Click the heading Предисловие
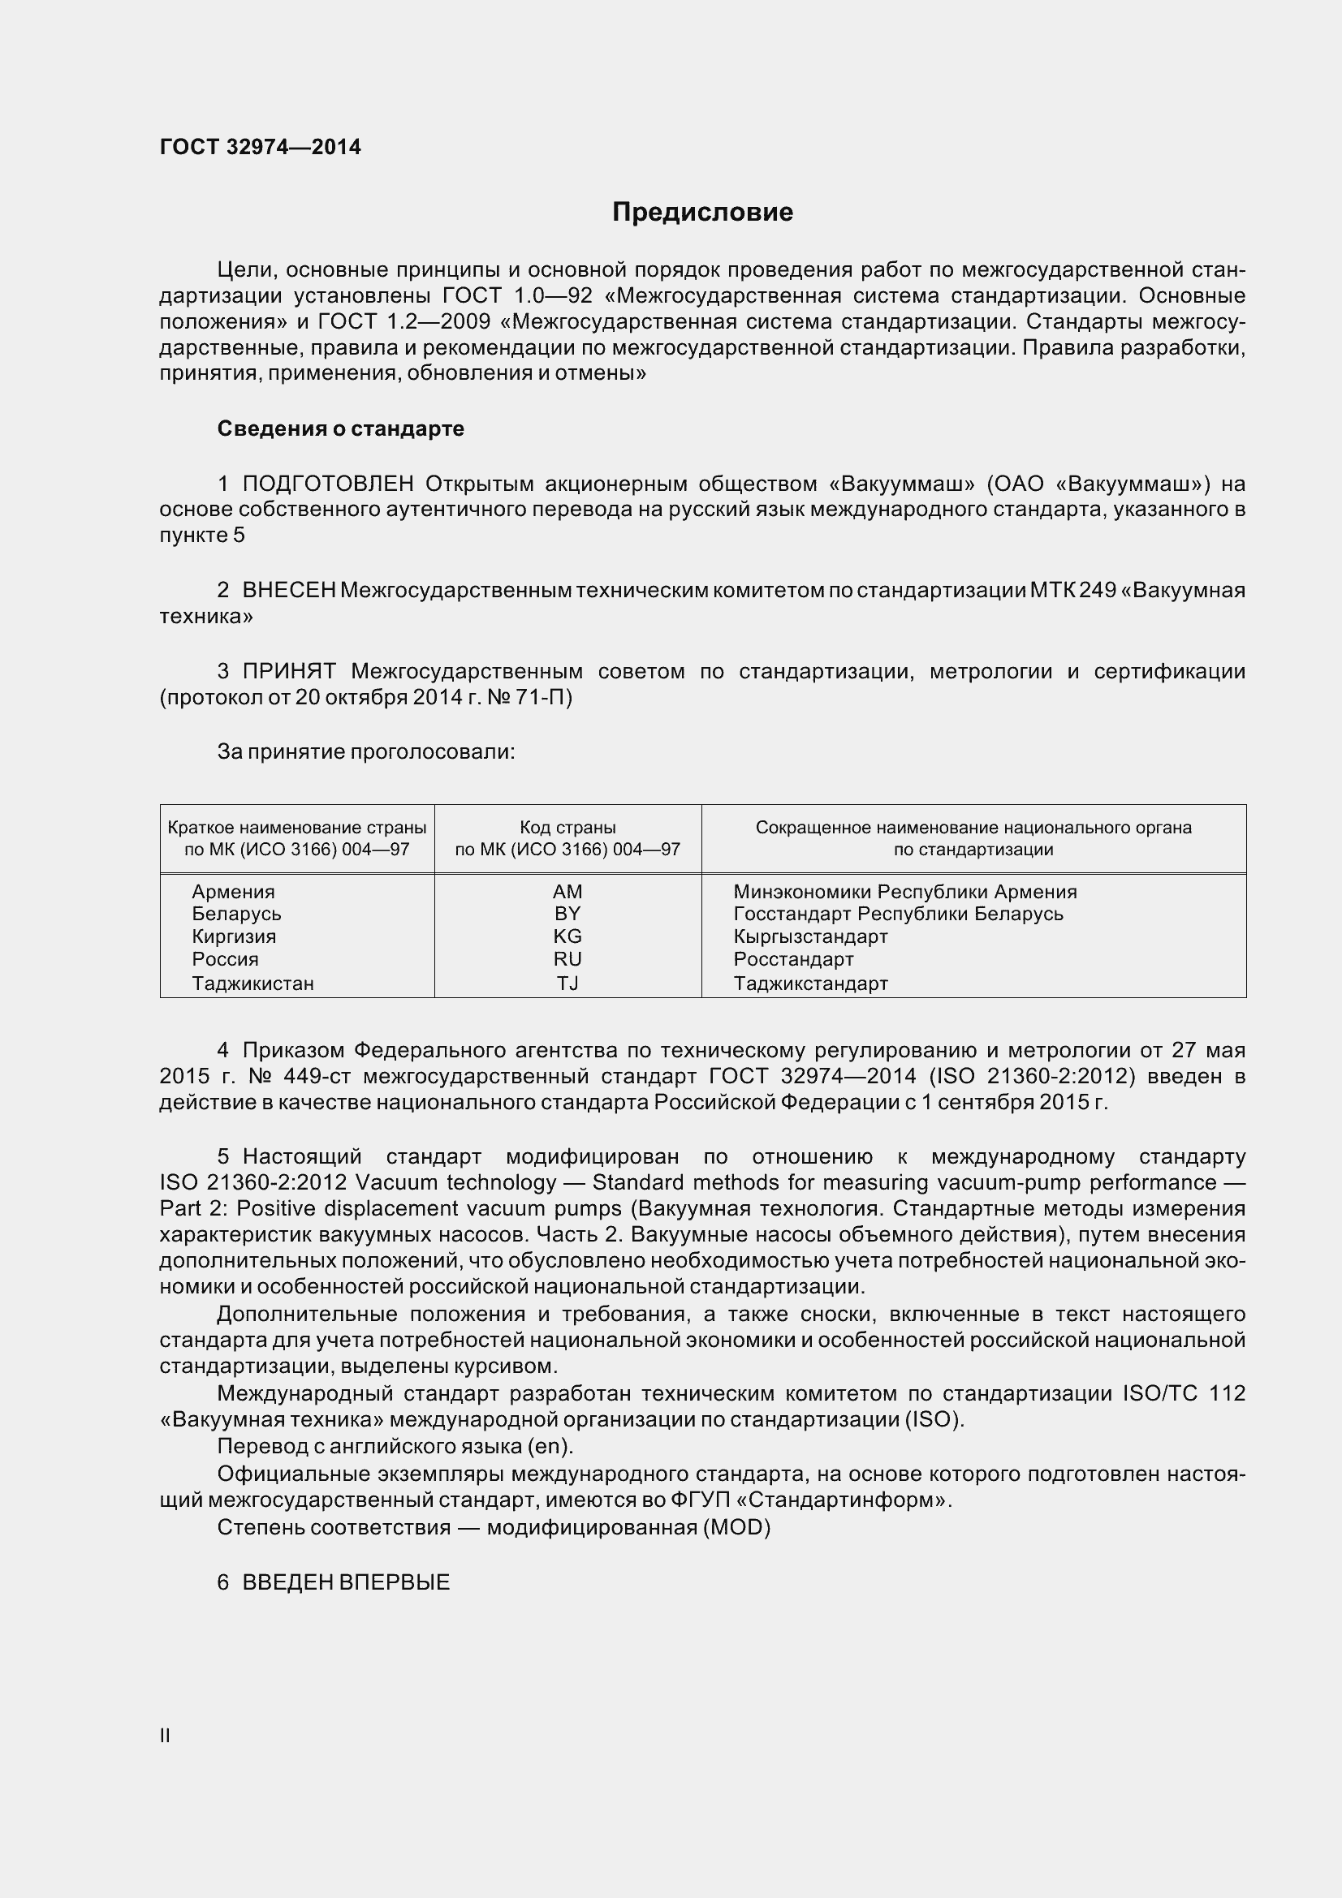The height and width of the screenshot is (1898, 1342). [702, 213]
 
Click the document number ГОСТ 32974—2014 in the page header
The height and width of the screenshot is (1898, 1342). [261, 147]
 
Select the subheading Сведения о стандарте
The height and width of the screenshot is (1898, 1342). [341, 428]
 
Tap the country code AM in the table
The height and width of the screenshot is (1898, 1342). [567, 891]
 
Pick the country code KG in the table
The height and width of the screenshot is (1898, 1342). [567, 936]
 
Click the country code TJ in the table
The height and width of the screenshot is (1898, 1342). [567, 983]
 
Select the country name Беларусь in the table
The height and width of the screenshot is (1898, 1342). [236, 914]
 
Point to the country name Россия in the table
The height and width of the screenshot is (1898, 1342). [225, 959]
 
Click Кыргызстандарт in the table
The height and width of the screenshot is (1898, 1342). [810, 936]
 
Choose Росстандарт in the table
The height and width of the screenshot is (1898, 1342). [793, 959]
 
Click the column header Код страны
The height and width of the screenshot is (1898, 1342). [567, 828]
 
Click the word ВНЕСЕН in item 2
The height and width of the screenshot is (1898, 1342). [288, 590]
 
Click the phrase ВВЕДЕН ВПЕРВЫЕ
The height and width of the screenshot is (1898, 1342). [346, 1582]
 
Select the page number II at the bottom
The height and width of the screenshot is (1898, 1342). [165, 1736]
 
